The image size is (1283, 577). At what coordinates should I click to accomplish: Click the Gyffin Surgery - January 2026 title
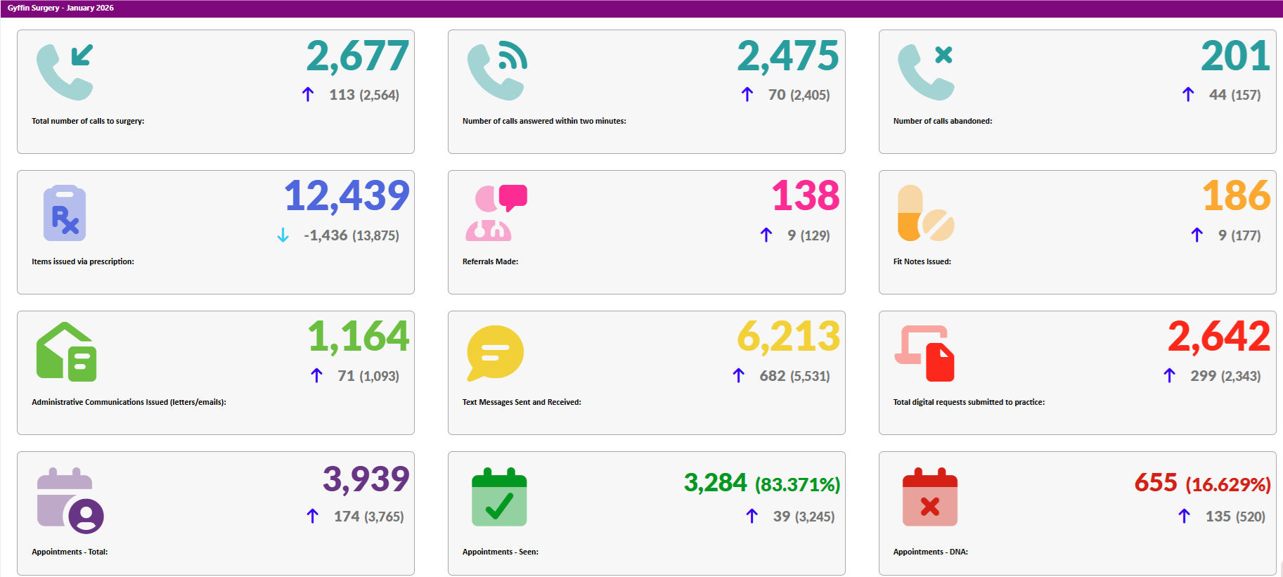pyautogui.click(x=60, y=8)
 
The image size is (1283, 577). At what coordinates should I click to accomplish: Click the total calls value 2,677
pyautogui.click(x=357, y=56)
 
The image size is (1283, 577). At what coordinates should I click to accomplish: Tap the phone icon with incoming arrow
pyautogui.click(x=65, y=72)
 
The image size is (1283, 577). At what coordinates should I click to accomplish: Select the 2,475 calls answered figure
pyautogui.click(x=787, y=56)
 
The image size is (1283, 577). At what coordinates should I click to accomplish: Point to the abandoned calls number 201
pyautogui.click(x=1234, y=56)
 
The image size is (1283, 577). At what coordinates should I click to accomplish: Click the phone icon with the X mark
pyautogui.click(x=926, y=72)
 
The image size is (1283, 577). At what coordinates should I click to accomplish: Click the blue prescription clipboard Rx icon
pyautogui.click(x=65, y=213)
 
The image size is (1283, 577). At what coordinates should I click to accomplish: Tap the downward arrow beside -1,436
pyautogui.click(x=283, y=235)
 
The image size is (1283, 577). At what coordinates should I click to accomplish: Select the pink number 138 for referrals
pyautogui.click(x=805, y=196)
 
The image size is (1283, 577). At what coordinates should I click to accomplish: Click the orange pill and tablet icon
pyautogui.click(x=925, y=213)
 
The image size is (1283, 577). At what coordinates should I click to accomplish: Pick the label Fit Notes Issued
pyautogui.click(x=922, y=261)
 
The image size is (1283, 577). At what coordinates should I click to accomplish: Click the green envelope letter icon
pyautogui.click(x=66, y=352)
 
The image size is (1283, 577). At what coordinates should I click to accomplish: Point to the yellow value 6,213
pyautogui.click(x=788, y=337)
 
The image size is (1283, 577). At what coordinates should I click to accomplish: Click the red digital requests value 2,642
pyautogui.click(x=1218, y=337)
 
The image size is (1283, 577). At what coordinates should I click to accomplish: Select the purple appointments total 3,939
pyautogui.click(x=366, y=479)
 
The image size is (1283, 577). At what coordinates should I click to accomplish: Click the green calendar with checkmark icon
pyautogui.click(x=499, y=497)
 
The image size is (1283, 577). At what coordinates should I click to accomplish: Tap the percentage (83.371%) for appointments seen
pyautogui.click(x=797, y=485)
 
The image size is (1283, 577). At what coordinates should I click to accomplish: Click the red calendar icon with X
pyautogui.click(x=929, y=497)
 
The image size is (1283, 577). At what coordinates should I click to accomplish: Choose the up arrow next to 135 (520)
pyautogui.click(x=1184, y=517)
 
